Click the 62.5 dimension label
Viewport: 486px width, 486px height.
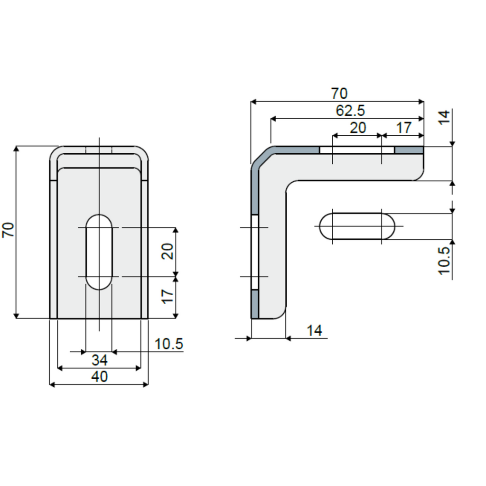coord(350,111)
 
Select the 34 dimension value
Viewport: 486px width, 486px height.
coord(100,360)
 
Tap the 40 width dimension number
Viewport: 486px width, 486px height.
coord(100,376)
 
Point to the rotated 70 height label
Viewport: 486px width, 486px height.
coord(9,230)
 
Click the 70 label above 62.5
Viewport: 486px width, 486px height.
coord(339,93)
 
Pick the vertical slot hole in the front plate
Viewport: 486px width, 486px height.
coord(99,252)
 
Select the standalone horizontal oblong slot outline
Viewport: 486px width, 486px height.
coord(357,226)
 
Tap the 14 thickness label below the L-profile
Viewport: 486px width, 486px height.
coord(314,330)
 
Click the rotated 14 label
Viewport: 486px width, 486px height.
coord(444,117)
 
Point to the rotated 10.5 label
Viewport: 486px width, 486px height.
coord(444,261)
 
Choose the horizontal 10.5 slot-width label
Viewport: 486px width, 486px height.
coord(169,344)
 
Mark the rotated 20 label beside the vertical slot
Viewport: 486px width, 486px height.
coord(168,252)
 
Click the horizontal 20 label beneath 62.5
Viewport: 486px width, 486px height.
coord(358,128)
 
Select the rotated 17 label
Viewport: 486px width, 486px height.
coord(168,297)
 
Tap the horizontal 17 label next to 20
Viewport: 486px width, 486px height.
coord(404,128)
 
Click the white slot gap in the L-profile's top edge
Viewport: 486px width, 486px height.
coord(357,150)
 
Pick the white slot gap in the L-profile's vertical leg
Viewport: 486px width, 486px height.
coord(255,252)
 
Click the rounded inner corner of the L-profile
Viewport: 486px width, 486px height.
coord(291,187)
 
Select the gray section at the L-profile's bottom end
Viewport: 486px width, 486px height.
coord(255,304)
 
